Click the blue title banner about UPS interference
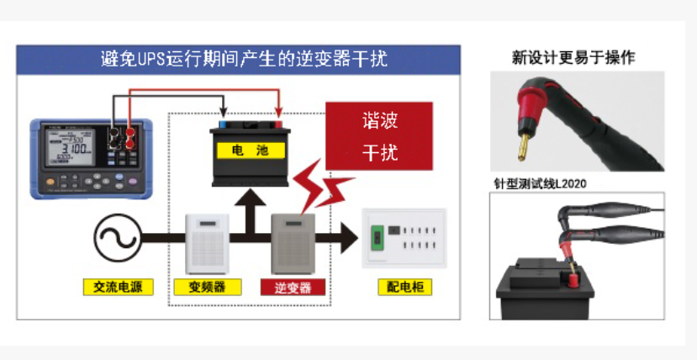(239, 60)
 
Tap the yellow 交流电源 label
(119, 287)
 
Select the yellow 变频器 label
(208, 287)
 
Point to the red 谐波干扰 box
(379, 136)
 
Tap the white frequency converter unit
(207, 241)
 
